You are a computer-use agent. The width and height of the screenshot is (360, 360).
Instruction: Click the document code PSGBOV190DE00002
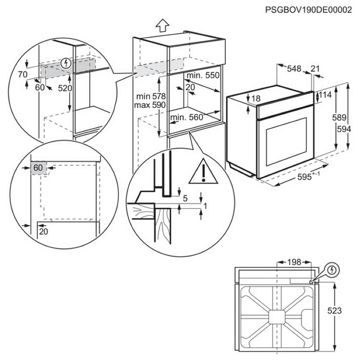[309, 10]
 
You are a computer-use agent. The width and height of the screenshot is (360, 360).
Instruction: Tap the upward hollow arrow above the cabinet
[162, 26]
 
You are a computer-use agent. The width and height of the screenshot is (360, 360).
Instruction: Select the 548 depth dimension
[294, 69]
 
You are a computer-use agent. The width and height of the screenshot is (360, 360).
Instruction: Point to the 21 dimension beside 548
[315, 69]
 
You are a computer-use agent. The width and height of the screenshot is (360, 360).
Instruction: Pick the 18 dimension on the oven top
[255, 98]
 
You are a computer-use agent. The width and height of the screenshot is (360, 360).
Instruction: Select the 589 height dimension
[339, 117]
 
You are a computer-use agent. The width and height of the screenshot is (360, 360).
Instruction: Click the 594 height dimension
[344, 129]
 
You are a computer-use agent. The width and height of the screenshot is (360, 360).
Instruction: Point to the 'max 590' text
[150, 105]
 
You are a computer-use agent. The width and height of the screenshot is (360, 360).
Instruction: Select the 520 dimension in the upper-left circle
[65, 88]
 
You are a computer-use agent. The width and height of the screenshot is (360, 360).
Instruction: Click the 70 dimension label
[23, 74]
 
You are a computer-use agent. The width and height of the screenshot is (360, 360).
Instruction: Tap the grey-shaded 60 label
[38, 168]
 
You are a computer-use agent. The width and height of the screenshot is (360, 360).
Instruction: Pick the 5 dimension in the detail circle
[185, 198]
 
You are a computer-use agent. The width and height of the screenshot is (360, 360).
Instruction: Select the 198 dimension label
[294, 262]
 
